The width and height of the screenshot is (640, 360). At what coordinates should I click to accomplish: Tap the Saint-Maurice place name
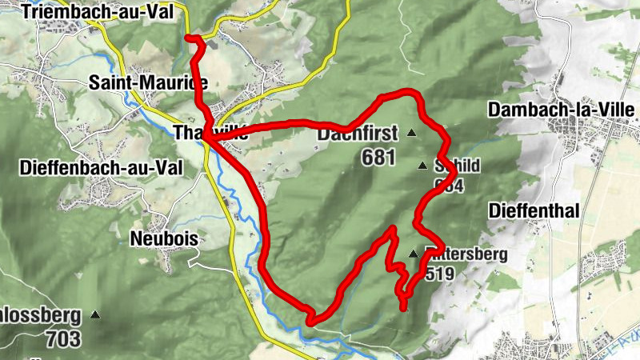[149, 82]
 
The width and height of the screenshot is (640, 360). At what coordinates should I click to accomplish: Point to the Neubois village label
[163, 239]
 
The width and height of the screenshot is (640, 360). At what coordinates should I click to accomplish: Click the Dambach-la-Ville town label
[562, 110]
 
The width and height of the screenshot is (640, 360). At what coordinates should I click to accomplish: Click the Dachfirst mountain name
[358, 134]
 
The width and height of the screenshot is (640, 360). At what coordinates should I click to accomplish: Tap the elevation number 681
[378, 157]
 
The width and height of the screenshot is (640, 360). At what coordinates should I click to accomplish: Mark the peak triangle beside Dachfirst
[412, 133]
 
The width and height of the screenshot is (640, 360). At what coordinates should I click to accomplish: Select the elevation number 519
[441, 274]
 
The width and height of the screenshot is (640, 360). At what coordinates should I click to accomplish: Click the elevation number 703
[63, 338]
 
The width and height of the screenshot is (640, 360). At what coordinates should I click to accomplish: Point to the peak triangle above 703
[95, 315]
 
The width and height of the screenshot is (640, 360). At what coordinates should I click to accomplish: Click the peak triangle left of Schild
[422, 166]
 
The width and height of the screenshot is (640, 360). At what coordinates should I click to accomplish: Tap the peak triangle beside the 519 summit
[413, 254]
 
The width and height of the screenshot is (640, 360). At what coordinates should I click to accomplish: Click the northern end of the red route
[188, 38]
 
